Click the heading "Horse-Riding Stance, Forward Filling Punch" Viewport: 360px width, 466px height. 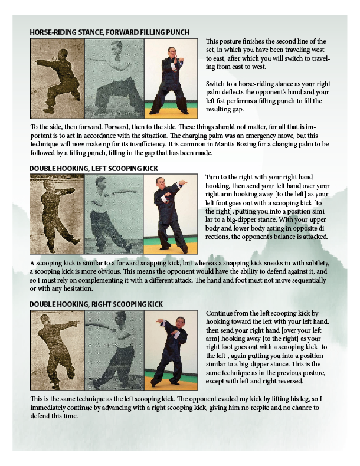click(x=109, y=32)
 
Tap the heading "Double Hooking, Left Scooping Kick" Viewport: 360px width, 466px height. click(x=94, y=169)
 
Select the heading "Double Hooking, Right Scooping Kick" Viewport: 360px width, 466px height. click(x=96, y=304)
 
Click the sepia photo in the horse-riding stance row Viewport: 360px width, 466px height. click(x=58, y=79)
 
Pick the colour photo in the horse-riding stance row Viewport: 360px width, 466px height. click(x=171, y=79)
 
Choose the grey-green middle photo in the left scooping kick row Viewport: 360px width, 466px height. click(x=114, y=214)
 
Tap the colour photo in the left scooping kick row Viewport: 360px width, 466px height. click(x=171, y=214)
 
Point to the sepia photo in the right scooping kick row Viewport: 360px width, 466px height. click(x=58, y=350)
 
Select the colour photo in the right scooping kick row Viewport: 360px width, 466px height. click(x=171, y=350)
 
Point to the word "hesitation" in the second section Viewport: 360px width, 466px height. click(x=77, y=288)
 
